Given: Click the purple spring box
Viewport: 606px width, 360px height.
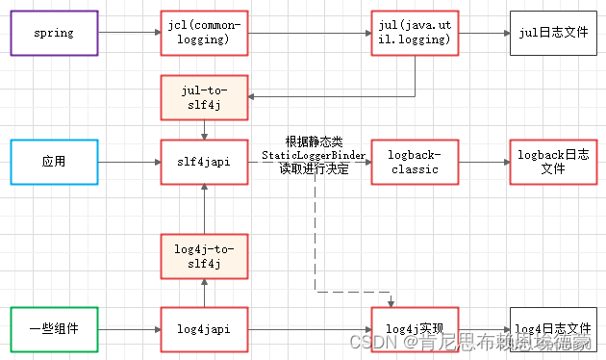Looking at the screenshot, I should point(54,33).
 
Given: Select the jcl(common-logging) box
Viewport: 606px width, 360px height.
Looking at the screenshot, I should point(204,33).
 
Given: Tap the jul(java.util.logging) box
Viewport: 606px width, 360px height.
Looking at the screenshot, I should point(413,33).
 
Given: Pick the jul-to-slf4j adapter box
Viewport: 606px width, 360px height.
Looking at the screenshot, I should point(204,97).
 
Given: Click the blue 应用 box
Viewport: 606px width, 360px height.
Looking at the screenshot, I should point(54,162).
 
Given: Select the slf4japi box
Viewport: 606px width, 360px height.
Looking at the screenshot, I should point(204,162).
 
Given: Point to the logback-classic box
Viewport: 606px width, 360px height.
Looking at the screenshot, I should point(413,162).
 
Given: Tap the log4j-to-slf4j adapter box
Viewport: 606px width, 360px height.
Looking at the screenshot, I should point(204,255).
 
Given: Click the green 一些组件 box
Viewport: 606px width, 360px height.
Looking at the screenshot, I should point(54,329).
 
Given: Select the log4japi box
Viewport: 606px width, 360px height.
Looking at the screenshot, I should point(204,329).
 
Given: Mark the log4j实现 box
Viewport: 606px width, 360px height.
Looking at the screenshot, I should point(413,329).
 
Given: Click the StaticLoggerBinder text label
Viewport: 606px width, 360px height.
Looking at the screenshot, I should point(314,155).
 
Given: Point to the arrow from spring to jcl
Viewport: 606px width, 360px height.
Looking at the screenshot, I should point(128,33).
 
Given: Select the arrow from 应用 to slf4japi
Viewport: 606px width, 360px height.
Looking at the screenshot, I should point(128,162).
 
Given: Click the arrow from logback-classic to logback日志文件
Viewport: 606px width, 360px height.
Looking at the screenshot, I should point(483,162).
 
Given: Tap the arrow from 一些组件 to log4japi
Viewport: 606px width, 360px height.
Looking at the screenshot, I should point(128,329).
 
